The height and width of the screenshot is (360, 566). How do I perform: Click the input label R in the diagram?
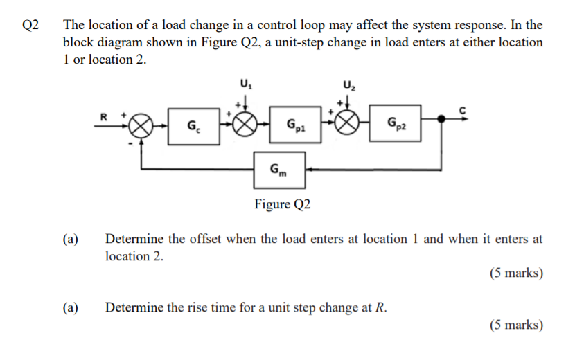[x=105, y=116]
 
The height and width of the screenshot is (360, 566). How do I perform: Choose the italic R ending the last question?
[x=379, y=307]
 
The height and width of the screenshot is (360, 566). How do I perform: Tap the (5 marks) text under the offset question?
[x=516, y=273]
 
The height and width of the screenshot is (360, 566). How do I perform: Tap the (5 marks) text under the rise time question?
[x=516, y=325]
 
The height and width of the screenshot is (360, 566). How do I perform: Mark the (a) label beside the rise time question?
[x=70, y=307]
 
